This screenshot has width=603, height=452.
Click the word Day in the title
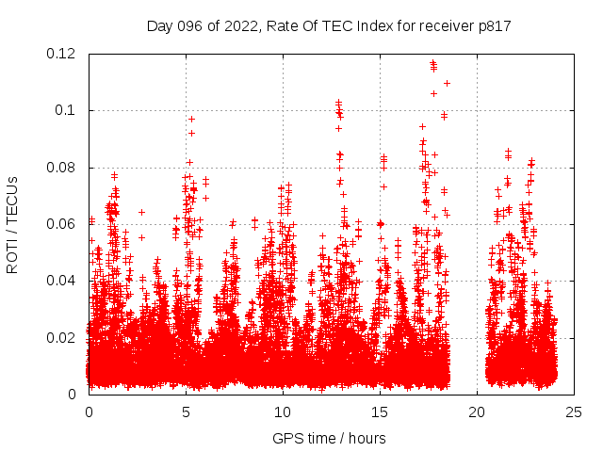(x=160, y=25)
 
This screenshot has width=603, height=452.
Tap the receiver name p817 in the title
(x=492, y=25)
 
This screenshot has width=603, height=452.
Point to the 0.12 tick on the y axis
(x=62, y=54)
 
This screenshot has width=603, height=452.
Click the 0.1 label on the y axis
(x=69, y=110)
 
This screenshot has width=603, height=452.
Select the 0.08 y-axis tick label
(x=62, y=168)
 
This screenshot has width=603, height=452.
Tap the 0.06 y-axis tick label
(x=62, y=224)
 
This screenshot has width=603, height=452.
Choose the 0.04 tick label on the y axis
(x=62, y=281)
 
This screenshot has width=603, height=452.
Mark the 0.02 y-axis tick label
(x=62, y=337)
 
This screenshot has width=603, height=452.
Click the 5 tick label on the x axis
(x=186, y=412)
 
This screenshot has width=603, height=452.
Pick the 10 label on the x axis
(x=283, y=412)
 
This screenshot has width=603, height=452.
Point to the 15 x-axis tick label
(x=380, y=412)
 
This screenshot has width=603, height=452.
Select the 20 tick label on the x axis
(x=477, y=412)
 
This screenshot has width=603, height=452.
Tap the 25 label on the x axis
(x=574, y=412)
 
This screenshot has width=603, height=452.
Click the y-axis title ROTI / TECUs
(x=12, y=224)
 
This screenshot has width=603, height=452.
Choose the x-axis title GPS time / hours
(x=329, y=438)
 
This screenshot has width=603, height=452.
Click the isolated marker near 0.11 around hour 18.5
(x=447, y=83)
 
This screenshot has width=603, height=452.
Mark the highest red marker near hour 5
(x=191, y=119)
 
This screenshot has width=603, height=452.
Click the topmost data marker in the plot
(x=432, y=63)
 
